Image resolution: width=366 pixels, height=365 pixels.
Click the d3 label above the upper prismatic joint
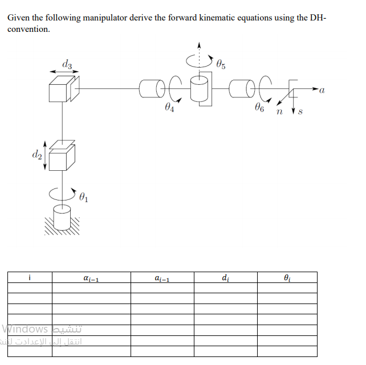click(x=67, y=63)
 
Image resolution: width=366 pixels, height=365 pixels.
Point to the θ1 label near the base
click(x=84, y=198)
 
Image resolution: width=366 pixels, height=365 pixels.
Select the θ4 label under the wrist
click(x=168, y=106)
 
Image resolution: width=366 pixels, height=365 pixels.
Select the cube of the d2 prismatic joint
click(x=60, y=158)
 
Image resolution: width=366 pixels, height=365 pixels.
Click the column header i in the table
click(x=29, y=277)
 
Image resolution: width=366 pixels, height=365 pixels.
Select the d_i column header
click(x=226, y=278)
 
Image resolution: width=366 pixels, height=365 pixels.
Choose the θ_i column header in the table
click(x=287, y=278)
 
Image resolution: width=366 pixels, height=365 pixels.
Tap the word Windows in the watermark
click(x=25, y=329)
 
